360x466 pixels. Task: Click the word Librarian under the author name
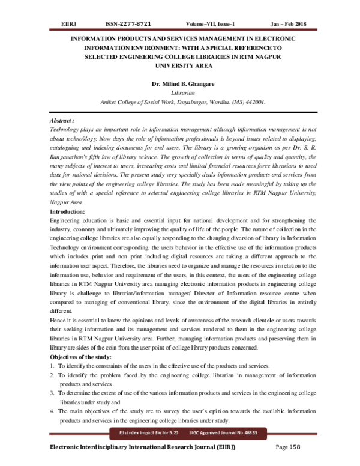point(180,94)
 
